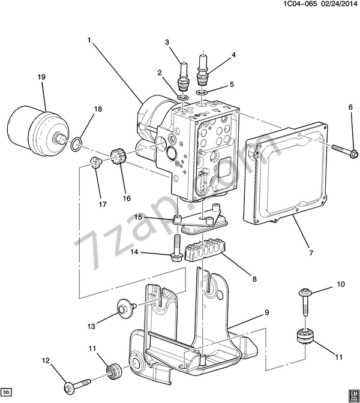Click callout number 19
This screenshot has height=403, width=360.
coord(41,77)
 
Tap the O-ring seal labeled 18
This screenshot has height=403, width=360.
coord(76,144)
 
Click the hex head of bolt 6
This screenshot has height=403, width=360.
coord(355,154)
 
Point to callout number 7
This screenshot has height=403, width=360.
coord(311,253)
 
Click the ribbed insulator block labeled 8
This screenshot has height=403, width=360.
coord(205,250)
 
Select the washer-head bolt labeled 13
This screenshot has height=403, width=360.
coord(127,308)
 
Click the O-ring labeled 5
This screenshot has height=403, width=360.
coord(202,93)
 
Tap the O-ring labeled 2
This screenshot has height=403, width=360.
coord(182,98)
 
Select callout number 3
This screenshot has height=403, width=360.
coord(167,42)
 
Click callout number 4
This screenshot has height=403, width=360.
coord(233,55)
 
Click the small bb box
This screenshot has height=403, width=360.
coord(7,392)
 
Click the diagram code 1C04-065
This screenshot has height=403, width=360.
coord(300,4)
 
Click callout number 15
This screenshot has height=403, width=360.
coord(138,217)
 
